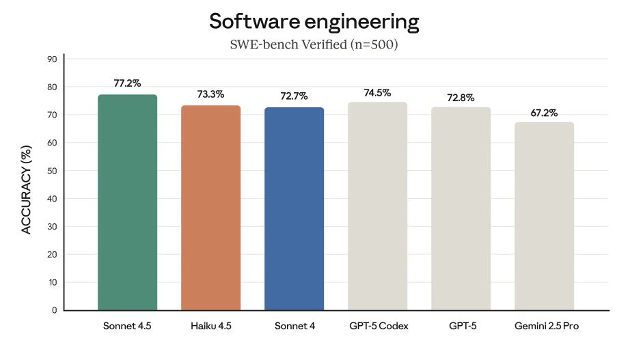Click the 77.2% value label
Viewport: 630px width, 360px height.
click(127, 83)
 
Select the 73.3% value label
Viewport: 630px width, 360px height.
click(210, 94)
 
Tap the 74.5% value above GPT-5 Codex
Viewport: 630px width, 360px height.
click(377, 92)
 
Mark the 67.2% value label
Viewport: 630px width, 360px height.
click(544, 112)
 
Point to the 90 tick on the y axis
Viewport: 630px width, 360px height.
click(51, 59)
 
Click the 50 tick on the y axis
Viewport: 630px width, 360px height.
click(51, 171)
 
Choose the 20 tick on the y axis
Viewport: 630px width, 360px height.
click(51, 254)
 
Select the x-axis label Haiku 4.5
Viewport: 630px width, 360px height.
click(210, 327)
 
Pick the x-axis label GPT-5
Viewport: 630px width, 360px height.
click(461, 327)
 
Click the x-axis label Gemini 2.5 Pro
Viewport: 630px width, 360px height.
click(544, 327)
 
